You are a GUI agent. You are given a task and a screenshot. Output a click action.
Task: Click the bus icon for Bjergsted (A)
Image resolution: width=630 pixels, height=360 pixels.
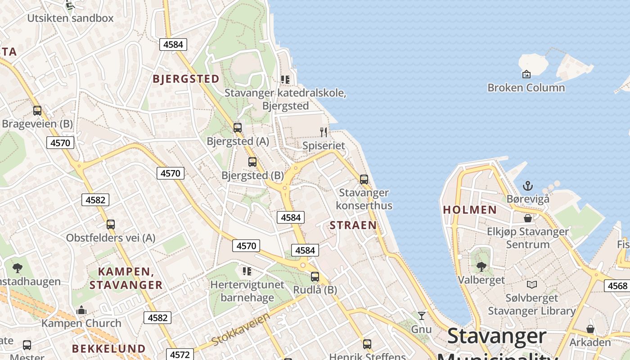[x=238, y=127]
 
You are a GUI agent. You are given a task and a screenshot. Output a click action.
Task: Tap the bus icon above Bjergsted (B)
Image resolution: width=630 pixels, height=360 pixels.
[x=252, y=162]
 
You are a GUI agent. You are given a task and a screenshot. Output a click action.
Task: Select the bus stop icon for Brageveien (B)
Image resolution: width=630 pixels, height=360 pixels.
[x=37, y=110]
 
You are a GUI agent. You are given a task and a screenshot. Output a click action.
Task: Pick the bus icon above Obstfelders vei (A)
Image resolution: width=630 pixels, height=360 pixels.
[x=111, y=224]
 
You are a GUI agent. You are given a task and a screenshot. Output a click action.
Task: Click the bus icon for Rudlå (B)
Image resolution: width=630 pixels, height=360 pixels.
[x=315, y=277]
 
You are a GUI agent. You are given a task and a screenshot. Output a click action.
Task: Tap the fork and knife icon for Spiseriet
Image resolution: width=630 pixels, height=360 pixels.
[x=324, y=132]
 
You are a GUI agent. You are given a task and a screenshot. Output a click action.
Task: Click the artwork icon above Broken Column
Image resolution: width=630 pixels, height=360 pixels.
[x=526, y=74]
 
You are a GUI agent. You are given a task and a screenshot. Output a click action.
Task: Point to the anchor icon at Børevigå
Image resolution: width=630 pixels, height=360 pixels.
[x=527, y=185]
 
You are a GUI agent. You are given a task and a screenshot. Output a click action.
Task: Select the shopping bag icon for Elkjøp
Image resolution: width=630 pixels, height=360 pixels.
[x=528, y=218]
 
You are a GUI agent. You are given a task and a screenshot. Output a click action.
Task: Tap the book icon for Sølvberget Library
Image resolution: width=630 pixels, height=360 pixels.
[x=532, y=284]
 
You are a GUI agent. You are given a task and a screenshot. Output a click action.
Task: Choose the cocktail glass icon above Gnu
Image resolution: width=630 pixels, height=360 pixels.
[x=421, y=315]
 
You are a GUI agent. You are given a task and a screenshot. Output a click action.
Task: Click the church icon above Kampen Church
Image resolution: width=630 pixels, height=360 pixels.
[x=81, y=310]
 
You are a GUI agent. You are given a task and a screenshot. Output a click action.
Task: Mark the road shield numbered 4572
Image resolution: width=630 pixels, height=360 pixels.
[x=180, y=355]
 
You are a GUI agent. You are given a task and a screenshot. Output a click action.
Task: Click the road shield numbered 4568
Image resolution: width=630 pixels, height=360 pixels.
[x=617, y=286]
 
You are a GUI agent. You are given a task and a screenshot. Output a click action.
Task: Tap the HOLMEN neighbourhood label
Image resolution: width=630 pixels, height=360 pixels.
[x=470, y=210]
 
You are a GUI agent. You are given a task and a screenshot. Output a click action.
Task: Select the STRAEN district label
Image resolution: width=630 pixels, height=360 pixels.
[x=353, y=225]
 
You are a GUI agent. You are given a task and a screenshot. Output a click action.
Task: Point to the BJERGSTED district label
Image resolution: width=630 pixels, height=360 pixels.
[x=186, y=79]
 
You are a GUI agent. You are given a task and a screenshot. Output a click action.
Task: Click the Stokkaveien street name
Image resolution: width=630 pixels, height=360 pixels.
[x=241, y=329]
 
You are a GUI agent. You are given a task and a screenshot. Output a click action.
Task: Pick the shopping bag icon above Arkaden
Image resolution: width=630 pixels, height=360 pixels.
[x=590, y=329]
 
